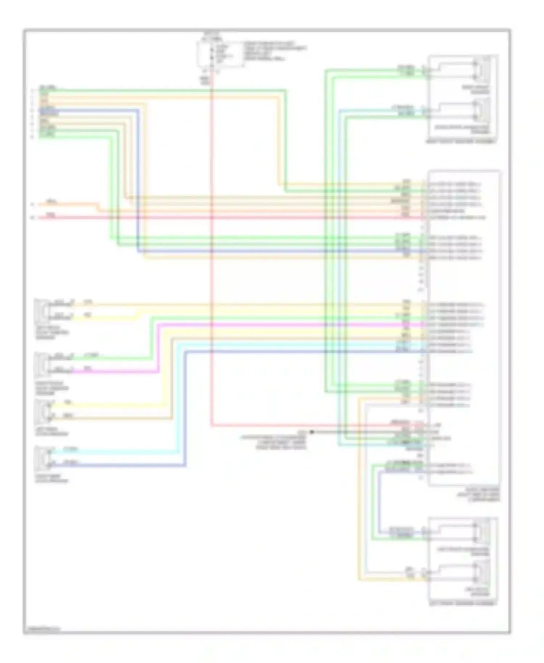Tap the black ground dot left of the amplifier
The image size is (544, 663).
point(312,432)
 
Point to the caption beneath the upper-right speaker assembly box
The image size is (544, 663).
point(461,141)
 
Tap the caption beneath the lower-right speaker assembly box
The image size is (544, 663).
point(462,604)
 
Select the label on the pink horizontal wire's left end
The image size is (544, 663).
point(51,215)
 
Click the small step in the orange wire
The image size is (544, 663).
point(98,207)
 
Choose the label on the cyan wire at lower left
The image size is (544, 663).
point(70,449)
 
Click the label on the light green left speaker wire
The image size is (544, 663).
point(91,355)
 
